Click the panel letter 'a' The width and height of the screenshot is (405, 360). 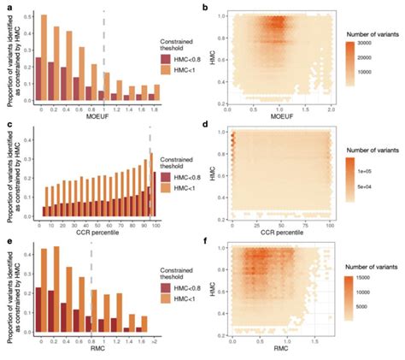coord(6,7)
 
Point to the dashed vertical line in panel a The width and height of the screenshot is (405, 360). coord(104,51)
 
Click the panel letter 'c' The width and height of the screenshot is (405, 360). coord(6,127)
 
